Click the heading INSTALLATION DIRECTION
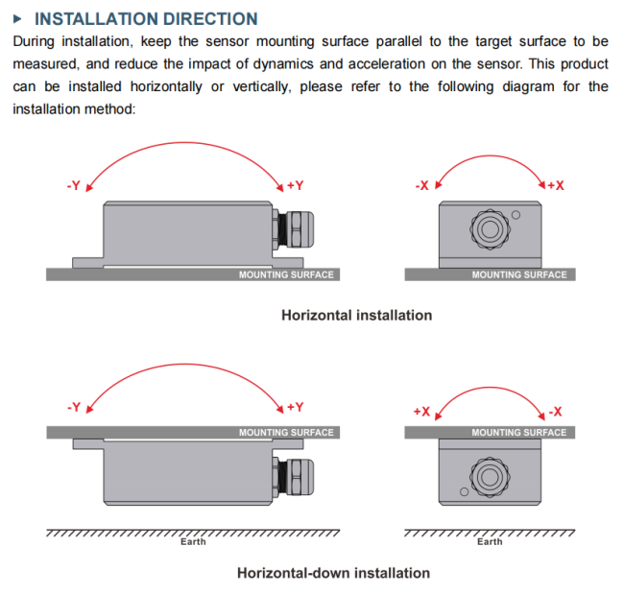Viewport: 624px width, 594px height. coord(146,18)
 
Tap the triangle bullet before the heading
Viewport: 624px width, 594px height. coord(17,18)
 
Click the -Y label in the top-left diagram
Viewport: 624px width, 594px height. coord(74,185)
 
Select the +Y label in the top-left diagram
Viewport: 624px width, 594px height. coord(296,185)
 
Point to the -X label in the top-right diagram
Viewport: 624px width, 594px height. coord(421,185)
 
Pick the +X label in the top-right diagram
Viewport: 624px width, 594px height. coord(556,185)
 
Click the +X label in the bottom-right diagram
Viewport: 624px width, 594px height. coord(421,412)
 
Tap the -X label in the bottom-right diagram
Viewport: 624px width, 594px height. coord(555,412)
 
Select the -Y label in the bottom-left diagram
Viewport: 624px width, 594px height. coord(74,407)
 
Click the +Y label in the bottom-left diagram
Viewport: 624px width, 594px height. coord(296,407)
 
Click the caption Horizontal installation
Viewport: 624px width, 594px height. coord(356,315)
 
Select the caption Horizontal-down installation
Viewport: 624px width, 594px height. coord(333,573)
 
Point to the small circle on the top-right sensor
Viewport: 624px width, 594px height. coord(516,215)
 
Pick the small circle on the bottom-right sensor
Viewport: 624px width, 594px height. coord(464,491)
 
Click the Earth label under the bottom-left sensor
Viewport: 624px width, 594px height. coord(193,542)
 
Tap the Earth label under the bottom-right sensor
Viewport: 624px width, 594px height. coord(490,542)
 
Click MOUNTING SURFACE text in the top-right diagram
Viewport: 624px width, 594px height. coord(519,274)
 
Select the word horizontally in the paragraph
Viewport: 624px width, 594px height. coord(166,86)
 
